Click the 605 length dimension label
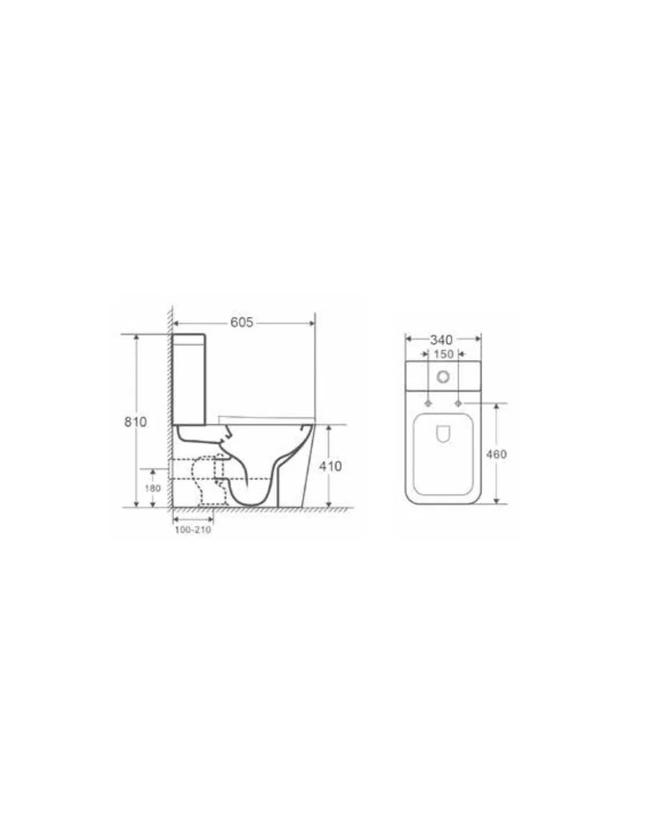(x=242, y=323)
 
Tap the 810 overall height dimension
(x=135, y=422)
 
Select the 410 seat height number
(x=330, y=466)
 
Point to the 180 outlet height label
(x=152, y=488)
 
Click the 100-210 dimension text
(x=193, y=530)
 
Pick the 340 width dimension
(x=442, y=340)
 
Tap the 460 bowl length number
(x=497, y=455)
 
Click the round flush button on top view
(x=443, y=378)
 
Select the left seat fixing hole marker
(x=429, y=404)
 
